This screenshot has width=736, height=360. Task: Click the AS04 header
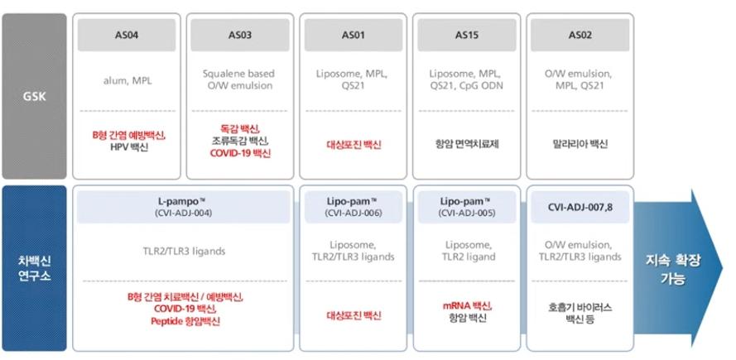[127, 35]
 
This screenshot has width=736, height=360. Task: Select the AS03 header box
[240, 35]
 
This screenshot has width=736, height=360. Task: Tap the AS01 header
[353, 35]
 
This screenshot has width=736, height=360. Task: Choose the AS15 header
[467, 35]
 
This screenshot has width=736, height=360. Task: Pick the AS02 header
[580, 35]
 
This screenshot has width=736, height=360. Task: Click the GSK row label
[34, 96]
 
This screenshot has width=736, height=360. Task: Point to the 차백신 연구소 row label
[34, 268]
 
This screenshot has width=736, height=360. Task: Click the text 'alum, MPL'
[127, 80]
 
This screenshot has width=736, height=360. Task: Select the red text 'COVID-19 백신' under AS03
[240, 153]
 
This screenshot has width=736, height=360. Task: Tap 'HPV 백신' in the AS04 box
[127, 147]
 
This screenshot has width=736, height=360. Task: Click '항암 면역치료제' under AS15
[467, 144]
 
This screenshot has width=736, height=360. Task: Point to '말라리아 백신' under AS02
[580, 144]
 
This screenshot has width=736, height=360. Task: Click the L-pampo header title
[182, 201]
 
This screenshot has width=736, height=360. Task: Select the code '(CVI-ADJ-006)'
[353, 213]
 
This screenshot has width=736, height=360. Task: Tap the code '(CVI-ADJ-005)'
[467, 213]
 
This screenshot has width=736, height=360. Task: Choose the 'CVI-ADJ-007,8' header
[580, 207]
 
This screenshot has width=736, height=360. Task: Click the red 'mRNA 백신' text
[467, 306]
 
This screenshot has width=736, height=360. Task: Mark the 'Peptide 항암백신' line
[185, 321]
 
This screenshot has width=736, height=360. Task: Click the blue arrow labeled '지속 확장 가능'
[678, 268]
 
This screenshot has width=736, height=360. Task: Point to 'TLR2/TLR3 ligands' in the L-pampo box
[184, 251]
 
